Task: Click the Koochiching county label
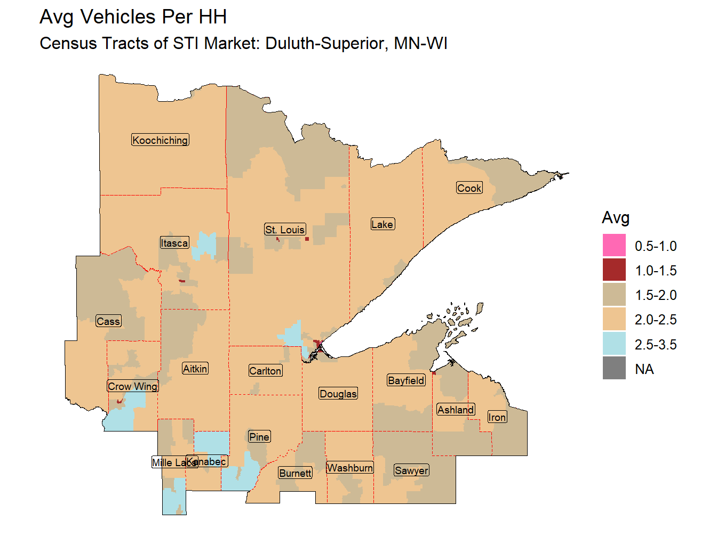pyautogui.click(x=160, y=140)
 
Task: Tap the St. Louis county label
pyautogui.click(x=285, y=230)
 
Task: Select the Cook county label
pyautogui.click(x=469, y=188)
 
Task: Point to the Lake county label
pyautogui.click(x=383, y=224)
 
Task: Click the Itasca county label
pyautogui.click(x=174, y=243)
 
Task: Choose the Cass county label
pyautogui.click(x=108, y=321)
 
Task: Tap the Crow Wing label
pyautogui.click(x=133, y=386)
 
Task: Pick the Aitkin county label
pyautogui.click(x=195, y=369)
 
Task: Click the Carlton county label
pyautogui.click(x=265, y=371)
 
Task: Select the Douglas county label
pyautogui.click(x=338, y=394)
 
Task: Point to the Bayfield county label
pyautogui.click(x=407, y=380)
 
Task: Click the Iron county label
pyautogui.click(x=497, y=417)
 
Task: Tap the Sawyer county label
pyautogui.click(x=411, y=470)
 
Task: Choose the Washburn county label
pyautogui.click(x=350, y=468)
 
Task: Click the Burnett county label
pyautogui.click(x=296, y=473)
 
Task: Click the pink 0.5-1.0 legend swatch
pyautogui.click(x=614, y=246)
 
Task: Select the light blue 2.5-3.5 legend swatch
pyautogui.click(x=614, y=344)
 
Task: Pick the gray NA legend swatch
pyautogui.click(x=614, y=368)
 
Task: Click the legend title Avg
pyautogui.click(x=616, y=217)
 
